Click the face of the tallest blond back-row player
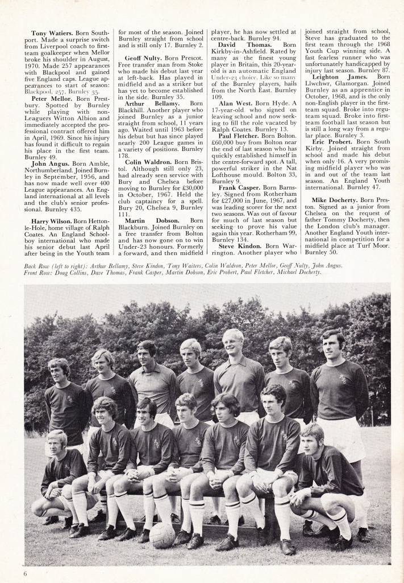pos(233,346)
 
